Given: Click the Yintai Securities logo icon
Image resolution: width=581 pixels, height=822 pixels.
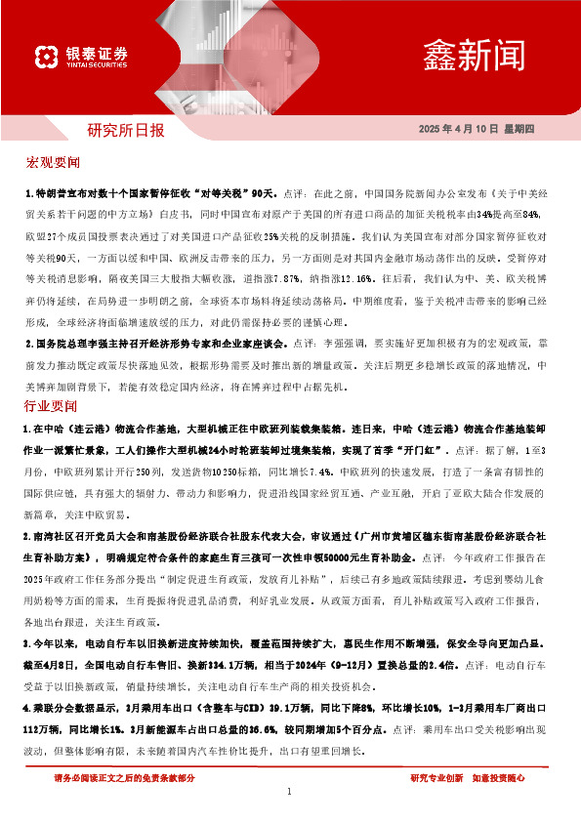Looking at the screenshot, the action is click(x=45, y=58).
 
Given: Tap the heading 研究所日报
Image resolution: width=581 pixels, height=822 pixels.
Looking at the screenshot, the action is click(x=126, y=129).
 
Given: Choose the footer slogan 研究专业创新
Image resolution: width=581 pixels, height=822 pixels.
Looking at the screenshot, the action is click(x=437, y=778).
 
